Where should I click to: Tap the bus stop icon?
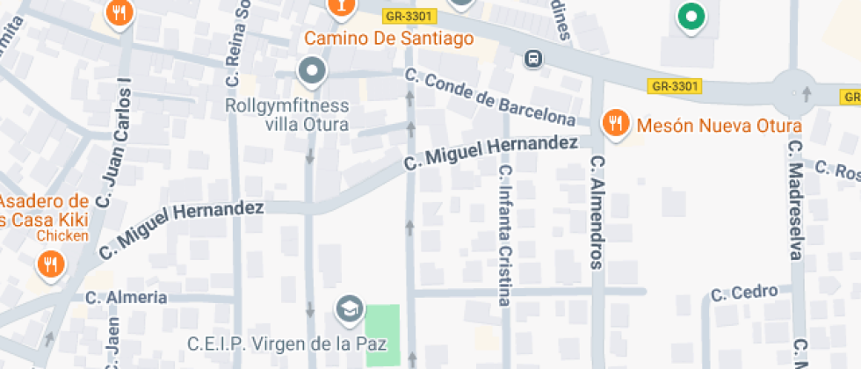532,60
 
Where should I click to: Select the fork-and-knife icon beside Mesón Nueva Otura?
617,124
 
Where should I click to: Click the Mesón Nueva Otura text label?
719,126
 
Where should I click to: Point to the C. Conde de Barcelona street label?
490,98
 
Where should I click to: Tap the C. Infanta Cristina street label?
504,235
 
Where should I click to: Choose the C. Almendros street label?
597,212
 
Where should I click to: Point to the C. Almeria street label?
127,298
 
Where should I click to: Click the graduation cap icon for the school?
350,307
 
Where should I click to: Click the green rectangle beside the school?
382,335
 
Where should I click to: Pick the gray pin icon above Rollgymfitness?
312,71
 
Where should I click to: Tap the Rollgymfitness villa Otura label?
287,115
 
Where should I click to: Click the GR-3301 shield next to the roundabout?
675,86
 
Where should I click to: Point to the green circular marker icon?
691,17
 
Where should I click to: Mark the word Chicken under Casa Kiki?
62,235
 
